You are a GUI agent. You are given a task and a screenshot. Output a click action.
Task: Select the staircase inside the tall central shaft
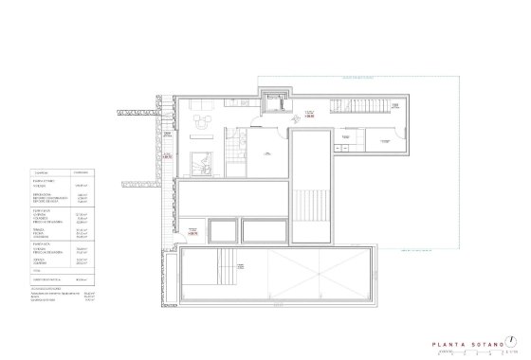(x=310, y=203)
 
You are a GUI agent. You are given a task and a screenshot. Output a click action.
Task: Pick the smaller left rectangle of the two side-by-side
(x=221, y=230)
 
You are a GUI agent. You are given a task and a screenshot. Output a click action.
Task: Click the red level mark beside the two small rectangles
(x=192, y=229)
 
